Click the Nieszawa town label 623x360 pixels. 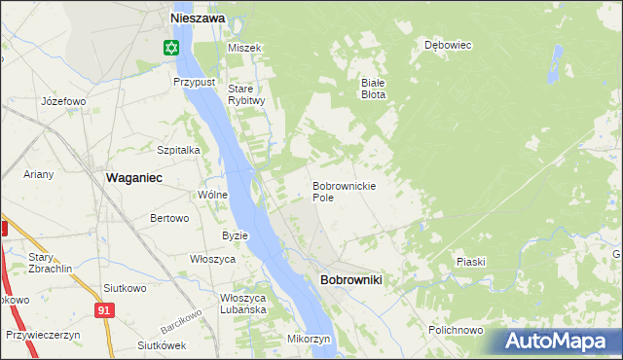click(x=198, y=18)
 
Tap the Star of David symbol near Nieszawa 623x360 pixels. click(x=171, y=47)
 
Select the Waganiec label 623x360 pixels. click(x=133, y=177)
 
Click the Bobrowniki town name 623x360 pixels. click(x=350, y=280)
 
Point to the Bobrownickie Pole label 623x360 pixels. click(x=344, y=191)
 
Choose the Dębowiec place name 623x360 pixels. click(x=448, y=45)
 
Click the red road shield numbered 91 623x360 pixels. click(x=104, y=309)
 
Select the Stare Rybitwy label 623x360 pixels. click(x=246, y=94)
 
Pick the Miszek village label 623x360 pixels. click(x=244, y=48)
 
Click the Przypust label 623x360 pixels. click(x=194, y=82)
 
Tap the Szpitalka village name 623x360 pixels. click(x=178, y=150)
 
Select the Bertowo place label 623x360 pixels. click(x=168, y=218)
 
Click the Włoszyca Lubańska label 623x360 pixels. click(x=243, y=304)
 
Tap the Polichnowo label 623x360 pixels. click(x=456, y=330)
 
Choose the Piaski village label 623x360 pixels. click(x=470, y=262)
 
